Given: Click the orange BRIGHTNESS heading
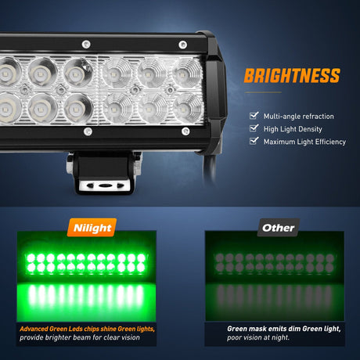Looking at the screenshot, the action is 292,75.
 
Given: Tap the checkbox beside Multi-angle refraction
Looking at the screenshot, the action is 254,115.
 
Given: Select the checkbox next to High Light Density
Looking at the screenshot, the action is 254,128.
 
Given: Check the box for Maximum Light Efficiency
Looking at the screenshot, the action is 254,141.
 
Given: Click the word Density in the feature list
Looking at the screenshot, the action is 311,129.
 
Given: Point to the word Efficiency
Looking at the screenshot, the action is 330,142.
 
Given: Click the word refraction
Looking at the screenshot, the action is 318,117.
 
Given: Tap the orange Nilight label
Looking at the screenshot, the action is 92,228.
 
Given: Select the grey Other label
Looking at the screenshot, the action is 279,228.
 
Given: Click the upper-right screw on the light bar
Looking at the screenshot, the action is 182,45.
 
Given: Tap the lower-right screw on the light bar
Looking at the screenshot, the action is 185,131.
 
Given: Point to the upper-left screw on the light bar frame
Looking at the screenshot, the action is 86,45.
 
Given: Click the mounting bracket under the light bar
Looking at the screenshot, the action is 104,173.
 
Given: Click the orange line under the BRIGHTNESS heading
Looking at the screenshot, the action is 263,92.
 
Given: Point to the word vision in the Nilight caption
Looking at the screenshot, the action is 128,337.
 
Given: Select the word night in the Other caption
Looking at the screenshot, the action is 280,337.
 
